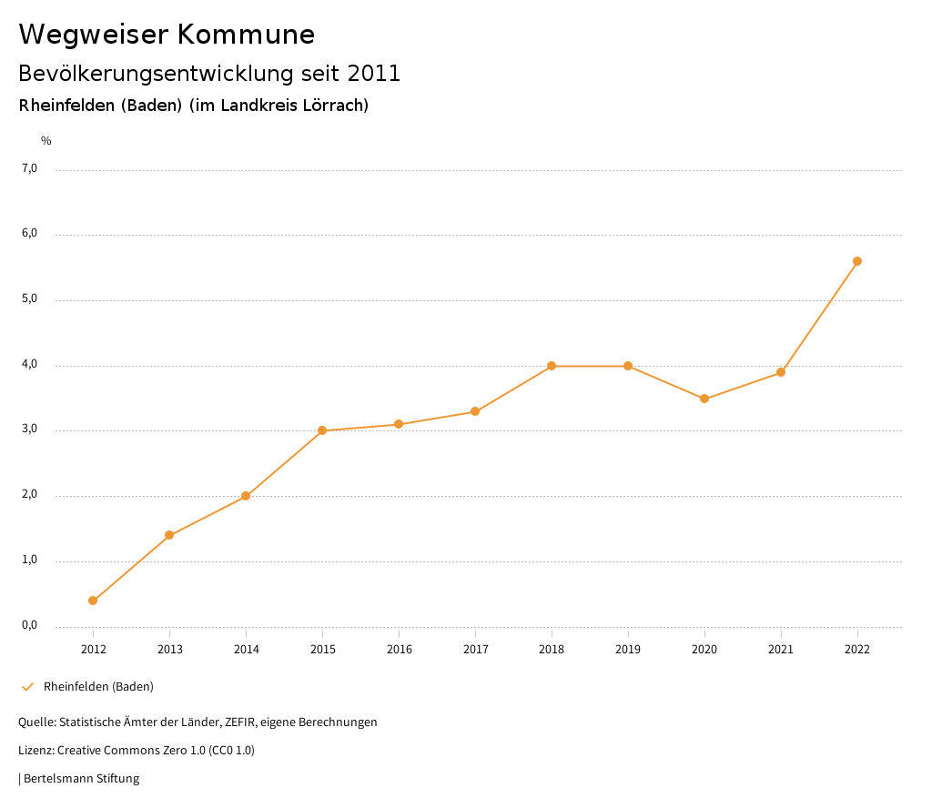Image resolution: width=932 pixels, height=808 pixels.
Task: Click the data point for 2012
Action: pos(93,601)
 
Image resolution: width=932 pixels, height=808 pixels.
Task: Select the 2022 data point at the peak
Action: pos(857,261)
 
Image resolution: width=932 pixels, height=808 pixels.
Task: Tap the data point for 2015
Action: pos(322,430)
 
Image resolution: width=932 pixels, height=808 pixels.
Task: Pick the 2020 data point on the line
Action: pos(704,399)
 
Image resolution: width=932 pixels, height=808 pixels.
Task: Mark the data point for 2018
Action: pos(552,366)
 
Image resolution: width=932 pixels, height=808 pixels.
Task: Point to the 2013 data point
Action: pos(169,535)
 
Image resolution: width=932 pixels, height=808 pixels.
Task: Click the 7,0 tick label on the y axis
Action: pos(30,168)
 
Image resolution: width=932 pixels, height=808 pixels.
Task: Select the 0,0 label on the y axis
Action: pos(30,625)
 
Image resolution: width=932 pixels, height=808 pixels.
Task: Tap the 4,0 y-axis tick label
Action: pos(30,364)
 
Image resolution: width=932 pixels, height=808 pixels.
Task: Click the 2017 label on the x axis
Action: pos(475,649)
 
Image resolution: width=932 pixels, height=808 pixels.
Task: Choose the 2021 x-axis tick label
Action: pos(781,649)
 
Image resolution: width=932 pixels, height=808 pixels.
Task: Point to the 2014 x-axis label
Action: pos(246,649)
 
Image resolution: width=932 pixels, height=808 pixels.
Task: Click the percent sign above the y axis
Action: pos(46,141)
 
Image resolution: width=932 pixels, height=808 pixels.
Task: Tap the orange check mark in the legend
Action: pos(27,687)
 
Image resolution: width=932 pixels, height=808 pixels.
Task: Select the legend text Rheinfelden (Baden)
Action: pos(98,687)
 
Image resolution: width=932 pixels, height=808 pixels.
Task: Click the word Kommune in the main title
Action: pos(247,35)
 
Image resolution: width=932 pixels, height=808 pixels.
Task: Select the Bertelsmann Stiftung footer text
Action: pos(81,779)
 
